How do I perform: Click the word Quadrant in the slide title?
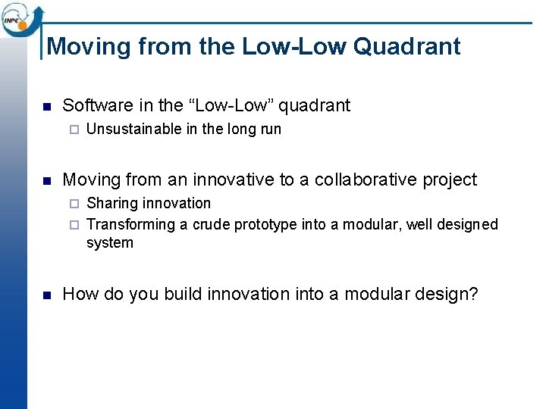click(x=406, y=46)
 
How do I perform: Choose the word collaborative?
click(x=366, y=180)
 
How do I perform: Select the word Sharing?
click(x=111, y=204)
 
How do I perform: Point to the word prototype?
click(x=265, y=225)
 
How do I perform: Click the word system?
click(x=110, y=243)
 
